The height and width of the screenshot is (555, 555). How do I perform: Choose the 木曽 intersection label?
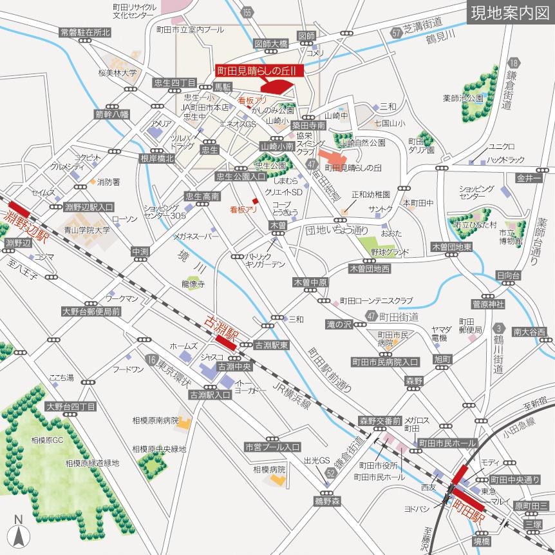coord(277,225)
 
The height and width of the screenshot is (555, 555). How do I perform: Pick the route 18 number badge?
coord(513,63)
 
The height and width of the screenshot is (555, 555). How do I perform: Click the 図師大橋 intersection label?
coord(270,44)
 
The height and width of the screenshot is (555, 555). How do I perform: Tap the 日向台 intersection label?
coord(507,275)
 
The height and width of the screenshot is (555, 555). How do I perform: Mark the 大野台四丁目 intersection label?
coord(71,407)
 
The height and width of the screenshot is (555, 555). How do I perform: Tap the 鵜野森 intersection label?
coord(326,500)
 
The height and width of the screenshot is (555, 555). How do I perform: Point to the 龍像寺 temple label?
coord(192,283)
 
